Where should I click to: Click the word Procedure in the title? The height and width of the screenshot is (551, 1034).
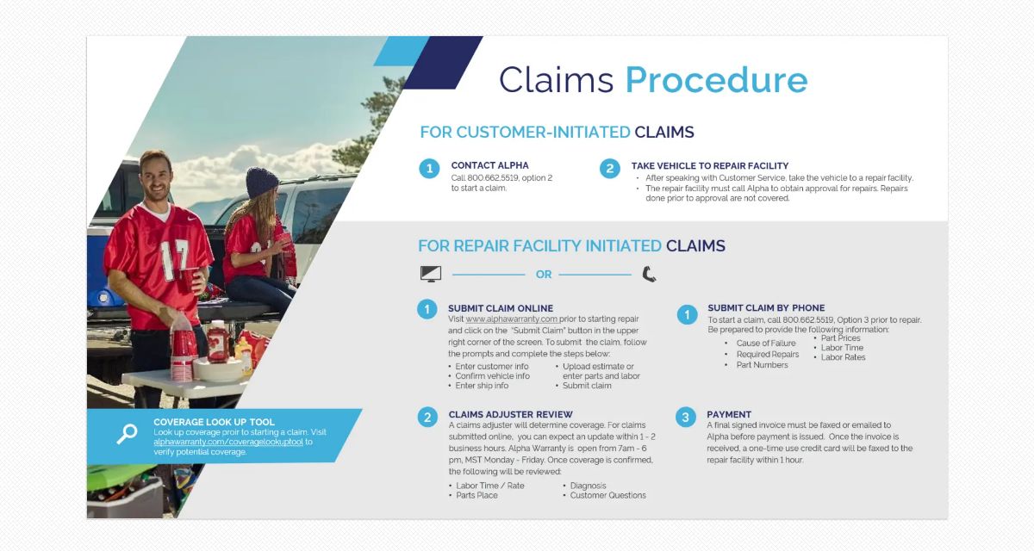point(716,80)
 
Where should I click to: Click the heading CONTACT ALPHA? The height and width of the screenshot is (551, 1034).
point(489,165)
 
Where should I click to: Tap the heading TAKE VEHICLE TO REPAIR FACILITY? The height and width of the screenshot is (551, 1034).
point(709,165)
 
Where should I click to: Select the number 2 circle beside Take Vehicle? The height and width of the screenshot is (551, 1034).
point(609,169)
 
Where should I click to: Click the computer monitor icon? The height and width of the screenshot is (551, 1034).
point(430,274)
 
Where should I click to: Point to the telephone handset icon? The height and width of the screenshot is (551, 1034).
point(649,274)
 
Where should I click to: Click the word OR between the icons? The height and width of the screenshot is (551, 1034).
point(544,275)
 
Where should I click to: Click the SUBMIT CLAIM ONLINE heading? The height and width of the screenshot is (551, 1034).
point(500,308)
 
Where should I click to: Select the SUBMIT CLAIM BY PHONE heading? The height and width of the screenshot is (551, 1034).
point(766,308)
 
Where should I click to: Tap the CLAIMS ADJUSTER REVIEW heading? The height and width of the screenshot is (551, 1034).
point(510,414)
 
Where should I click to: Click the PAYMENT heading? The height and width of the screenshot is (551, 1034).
point(729,414)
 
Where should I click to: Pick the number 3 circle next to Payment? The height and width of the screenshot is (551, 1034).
point(685,418)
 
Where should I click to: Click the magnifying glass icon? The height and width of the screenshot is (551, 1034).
point(126,434)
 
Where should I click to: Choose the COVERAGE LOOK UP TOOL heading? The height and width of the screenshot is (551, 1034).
point(214,423)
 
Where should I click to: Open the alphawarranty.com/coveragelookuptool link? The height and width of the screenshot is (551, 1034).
point(228,442)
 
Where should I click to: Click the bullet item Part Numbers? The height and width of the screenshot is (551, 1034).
point(762,365)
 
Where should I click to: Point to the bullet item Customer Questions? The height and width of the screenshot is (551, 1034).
point(607,496)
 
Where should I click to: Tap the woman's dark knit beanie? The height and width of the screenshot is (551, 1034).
point(261,183)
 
